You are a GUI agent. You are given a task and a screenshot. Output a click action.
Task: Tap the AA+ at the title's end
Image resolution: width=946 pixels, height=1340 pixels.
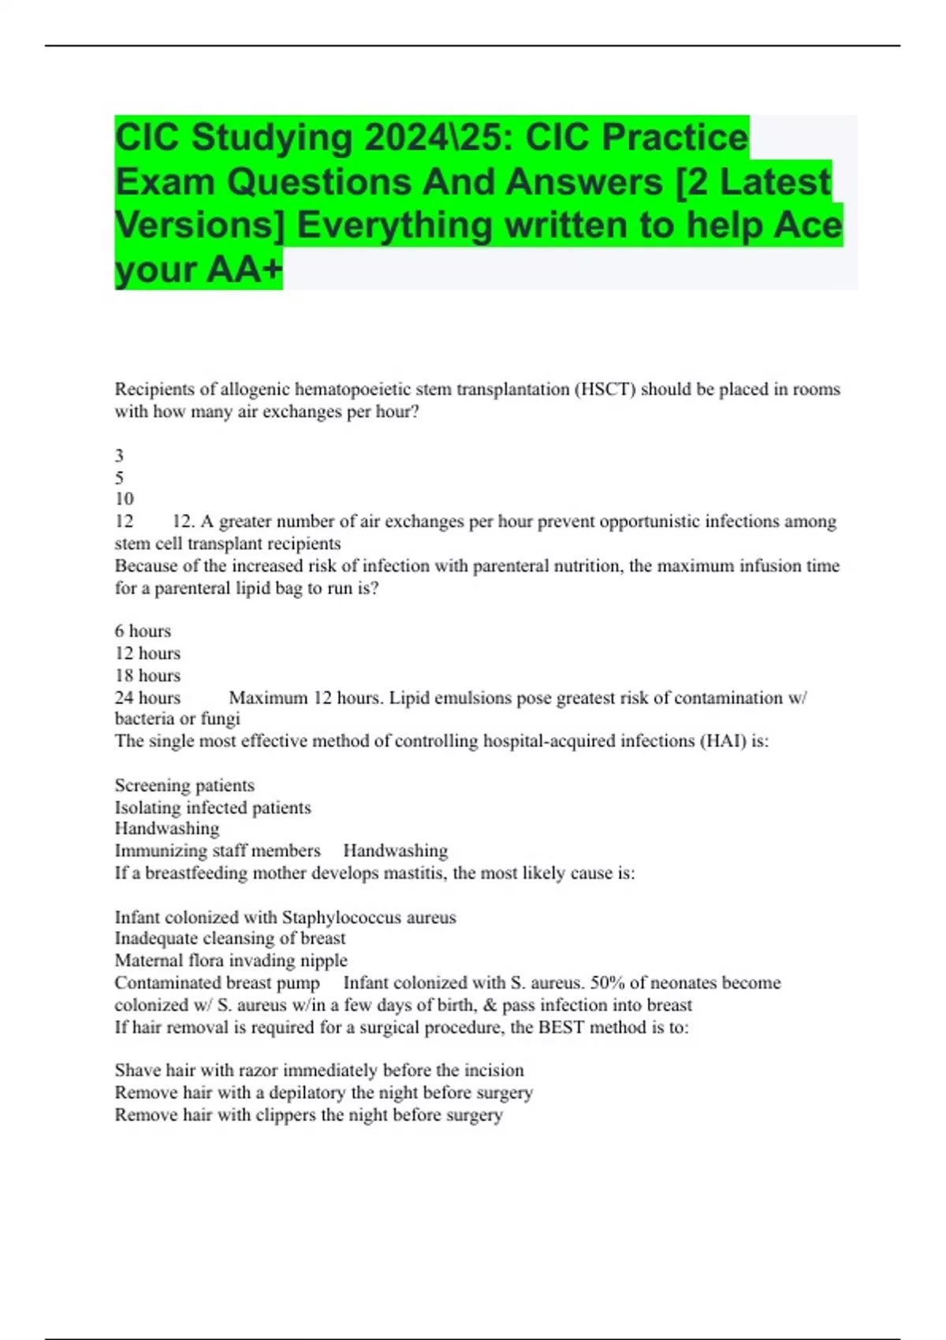tap(244, 269)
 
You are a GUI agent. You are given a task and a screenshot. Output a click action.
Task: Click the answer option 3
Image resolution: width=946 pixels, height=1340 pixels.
tap(119, 456)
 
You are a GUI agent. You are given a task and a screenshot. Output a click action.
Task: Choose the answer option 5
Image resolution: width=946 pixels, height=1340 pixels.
tap(119, 478)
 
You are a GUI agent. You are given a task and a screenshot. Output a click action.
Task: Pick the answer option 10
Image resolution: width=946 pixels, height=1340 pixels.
tap(124, 499)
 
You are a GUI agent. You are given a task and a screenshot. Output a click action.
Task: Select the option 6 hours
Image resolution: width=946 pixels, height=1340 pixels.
tap(143, 631)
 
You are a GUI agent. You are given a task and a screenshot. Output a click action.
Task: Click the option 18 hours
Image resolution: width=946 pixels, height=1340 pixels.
tap(147, 676)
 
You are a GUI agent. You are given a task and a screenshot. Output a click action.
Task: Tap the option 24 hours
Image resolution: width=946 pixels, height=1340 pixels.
tap(147, 698)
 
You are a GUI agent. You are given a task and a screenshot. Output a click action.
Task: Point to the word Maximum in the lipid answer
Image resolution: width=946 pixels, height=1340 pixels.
tap(268, 698)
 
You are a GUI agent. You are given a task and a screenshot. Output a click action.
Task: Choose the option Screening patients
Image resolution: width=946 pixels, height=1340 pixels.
tap(184, 785)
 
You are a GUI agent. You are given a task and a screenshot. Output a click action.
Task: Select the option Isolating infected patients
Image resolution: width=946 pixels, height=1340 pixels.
tap(213, 807)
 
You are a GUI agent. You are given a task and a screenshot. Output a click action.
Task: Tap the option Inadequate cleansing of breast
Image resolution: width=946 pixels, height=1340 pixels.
tap(230, 938)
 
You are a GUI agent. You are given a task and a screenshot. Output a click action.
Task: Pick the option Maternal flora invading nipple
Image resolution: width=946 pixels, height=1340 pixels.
tap(231, 960)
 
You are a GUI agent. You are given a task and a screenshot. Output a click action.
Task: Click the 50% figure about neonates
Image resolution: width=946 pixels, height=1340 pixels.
tap(607, 983)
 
